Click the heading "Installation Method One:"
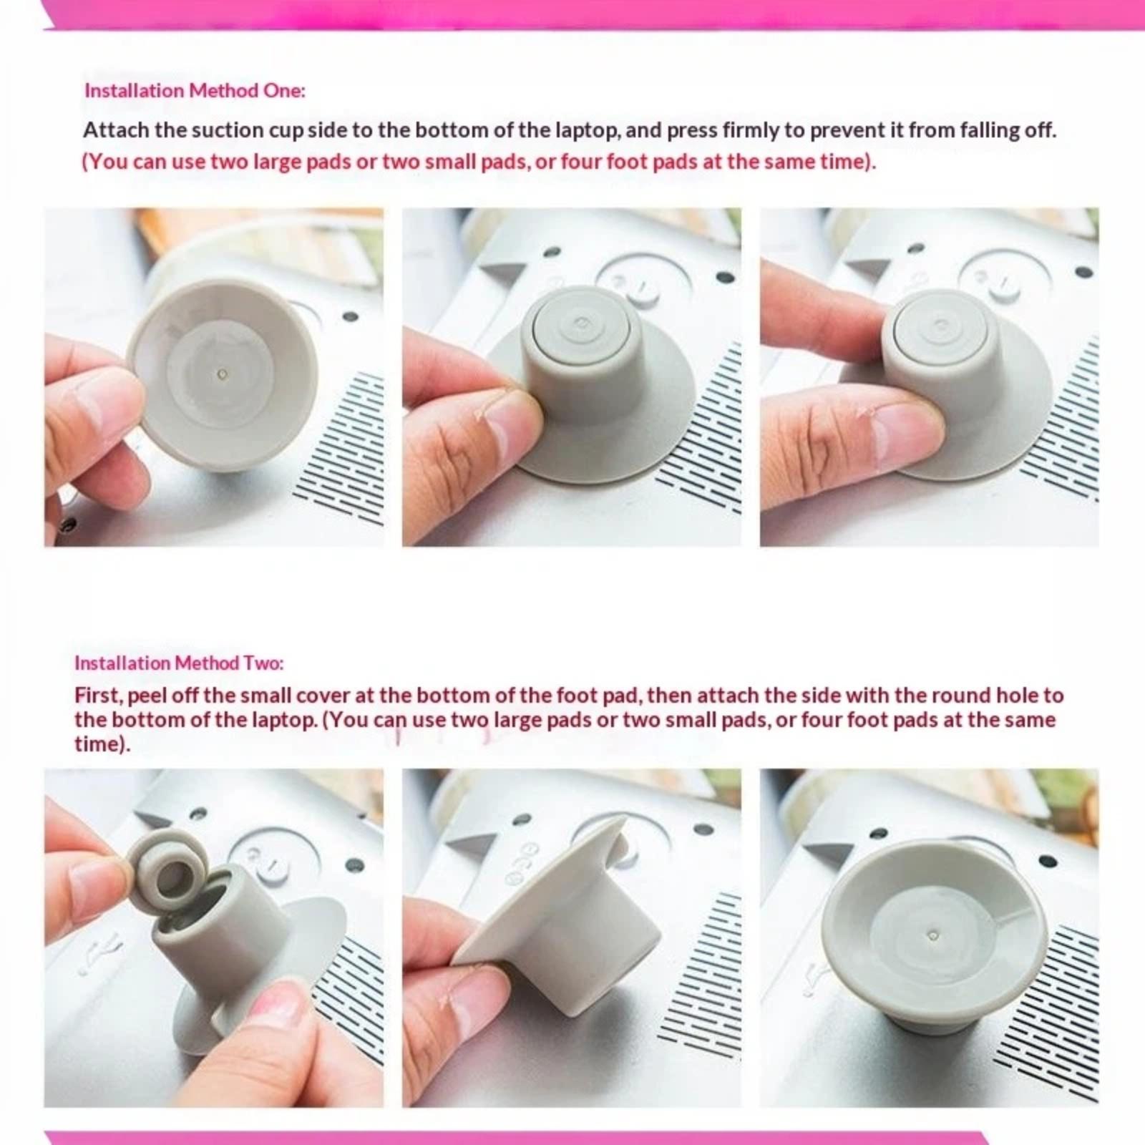(195, 91)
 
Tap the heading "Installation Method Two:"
(179, 663)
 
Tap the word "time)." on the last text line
(102, 744)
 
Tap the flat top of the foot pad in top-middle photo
(580, 328)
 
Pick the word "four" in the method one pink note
(581, 162)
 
